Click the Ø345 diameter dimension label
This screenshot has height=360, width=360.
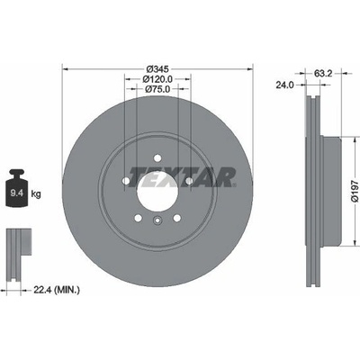point(157,68)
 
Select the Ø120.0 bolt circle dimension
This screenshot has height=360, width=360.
point(157,79)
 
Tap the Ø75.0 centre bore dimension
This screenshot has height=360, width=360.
point(157,89)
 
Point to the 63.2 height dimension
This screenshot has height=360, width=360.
point(323,73)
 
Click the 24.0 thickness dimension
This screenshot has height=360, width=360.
point(284,85)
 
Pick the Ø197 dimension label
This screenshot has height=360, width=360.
point(355,192)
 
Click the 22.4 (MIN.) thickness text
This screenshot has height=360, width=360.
point(57,290)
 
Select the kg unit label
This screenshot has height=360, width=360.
point(36,194)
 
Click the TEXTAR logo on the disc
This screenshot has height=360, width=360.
point(182,177)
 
